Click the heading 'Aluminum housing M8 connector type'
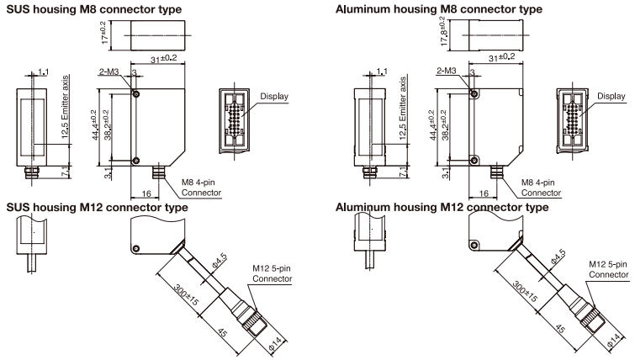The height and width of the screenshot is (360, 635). click(x=437, y=8)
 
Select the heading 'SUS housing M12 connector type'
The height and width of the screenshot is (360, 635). click(x=96, y=207)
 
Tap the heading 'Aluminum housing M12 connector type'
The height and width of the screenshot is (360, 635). click(x=442, y=207)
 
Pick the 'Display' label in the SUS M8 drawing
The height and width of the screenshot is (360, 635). click(x=274, y=97)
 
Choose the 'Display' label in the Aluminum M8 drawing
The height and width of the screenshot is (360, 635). click(x=612, y=97)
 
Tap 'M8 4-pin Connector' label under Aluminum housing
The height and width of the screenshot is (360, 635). click(x=539, y=187)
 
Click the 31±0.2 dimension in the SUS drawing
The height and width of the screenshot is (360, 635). click(x=161, y=58)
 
